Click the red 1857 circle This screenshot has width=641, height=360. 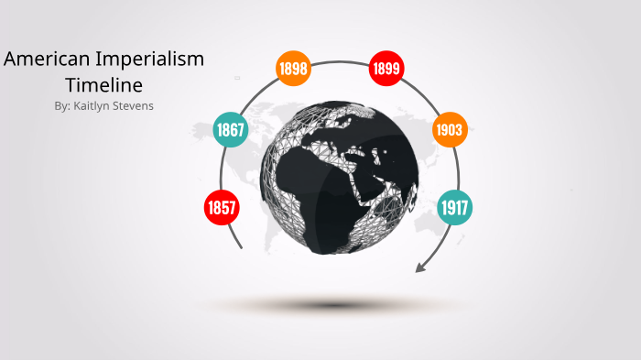click(222, 207)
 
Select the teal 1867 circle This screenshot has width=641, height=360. click(231, 129)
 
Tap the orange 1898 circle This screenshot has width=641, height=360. click(293, 68)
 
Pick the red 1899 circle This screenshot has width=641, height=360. click(386, 68)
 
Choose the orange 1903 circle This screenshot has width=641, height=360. click(449, 129)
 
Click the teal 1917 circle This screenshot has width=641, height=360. click(454, 207)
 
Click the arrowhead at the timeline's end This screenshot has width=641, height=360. click(421, 267)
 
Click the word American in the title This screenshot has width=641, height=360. click(47, 60)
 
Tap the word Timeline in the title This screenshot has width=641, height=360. click(103, 85)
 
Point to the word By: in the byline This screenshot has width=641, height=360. click(63, 105)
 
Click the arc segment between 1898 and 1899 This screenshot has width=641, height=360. click(340, 61)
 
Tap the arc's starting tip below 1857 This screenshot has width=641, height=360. click(241, 246)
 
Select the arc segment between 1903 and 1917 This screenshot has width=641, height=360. click(458, 169)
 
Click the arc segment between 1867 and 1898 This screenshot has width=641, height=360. click(255, 93)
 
